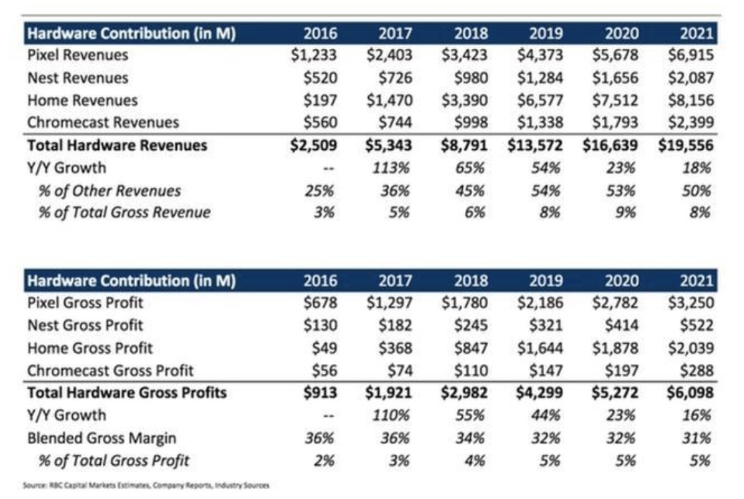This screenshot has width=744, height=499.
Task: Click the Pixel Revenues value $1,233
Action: [314, 56]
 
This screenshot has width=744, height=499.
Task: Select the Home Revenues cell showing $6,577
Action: [540, 101]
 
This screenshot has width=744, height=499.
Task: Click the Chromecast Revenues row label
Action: [104, 122]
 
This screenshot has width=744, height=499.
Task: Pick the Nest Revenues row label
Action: [78, 78]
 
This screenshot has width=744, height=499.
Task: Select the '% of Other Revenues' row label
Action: [109, 191]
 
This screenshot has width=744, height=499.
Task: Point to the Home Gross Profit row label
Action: [90, 348]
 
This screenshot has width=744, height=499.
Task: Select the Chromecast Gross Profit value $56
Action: [323, 371]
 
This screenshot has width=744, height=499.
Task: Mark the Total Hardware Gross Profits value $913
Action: [319, 393]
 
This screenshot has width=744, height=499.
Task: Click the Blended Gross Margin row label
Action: [102, 438]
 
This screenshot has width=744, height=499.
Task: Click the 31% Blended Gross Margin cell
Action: [697, 438]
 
